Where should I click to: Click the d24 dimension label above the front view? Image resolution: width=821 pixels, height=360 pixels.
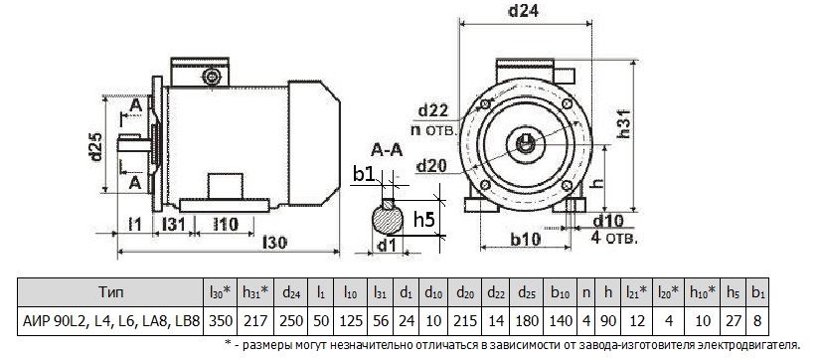tap(523, 12)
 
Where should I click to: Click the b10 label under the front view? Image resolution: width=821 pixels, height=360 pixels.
tap(524, 239)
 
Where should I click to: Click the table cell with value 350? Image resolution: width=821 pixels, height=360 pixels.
tap(220, 320)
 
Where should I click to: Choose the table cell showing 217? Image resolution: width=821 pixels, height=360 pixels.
tap(256, 320)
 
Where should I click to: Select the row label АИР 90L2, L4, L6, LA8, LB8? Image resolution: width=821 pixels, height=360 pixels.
tap(111, 320)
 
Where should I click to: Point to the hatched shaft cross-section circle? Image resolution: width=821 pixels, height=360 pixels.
tap(388, 218)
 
